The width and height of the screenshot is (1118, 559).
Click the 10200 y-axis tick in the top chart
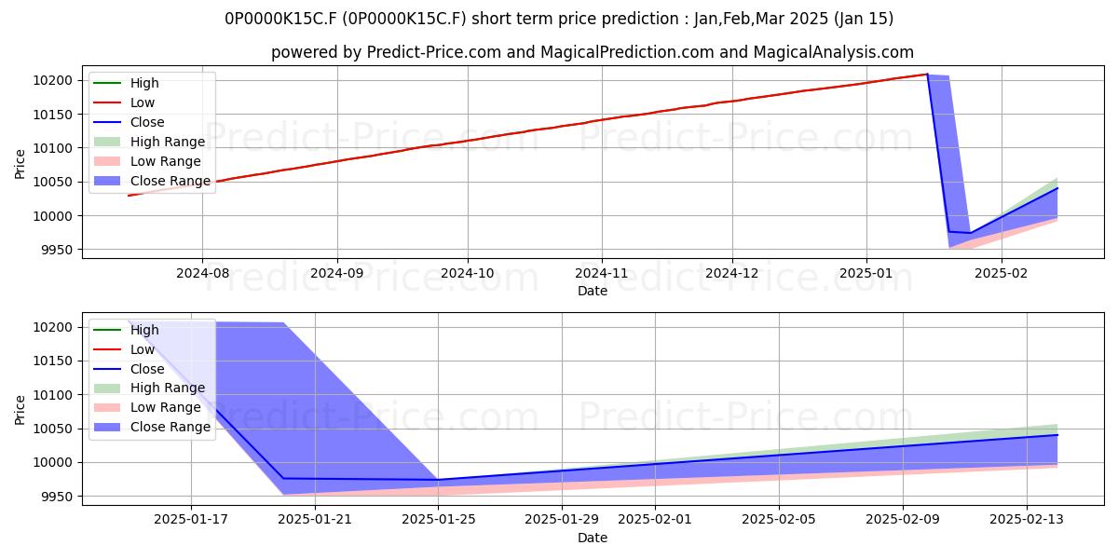pos(53,80)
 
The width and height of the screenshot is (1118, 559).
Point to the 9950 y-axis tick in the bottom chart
pos(57,497)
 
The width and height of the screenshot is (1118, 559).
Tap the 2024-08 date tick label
pos(203,274)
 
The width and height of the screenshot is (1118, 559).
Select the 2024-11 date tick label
pos(602,274)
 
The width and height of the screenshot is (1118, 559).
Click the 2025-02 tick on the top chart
pos(1002,274)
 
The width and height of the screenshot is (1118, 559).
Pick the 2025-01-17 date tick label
pos(191,520)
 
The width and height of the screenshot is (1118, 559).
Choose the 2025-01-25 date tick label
pos(439,520)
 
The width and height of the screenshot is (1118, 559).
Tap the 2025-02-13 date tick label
pos(1027,520)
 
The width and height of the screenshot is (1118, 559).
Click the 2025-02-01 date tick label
pos(655,520)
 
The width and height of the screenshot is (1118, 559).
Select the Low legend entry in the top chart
pos(143,102)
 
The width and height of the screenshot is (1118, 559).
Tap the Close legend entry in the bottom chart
pos(147,369)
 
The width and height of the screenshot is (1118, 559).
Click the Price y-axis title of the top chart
pos(20,164)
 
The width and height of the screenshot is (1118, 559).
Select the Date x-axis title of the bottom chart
pos(593,538)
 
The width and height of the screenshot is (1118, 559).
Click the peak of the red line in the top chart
pos(927,75)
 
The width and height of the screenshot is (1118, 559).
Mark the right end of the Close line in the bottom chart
pos(1057,435)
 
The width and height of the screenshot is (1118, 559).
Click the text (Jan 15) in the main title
pos(864,19)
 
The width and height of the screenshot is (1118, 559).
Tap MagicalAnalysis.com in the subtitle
pos(834,52)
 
